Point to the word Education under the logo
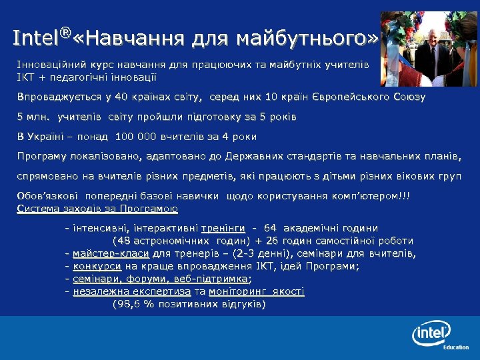tap(456, 347)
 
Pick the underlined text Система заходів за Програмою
tap(97, 209)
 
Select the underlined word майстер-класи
tap(111, 254)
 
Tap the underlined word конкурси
tap(97, 266)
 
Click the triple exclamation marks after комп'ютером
tap(405, 196)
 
